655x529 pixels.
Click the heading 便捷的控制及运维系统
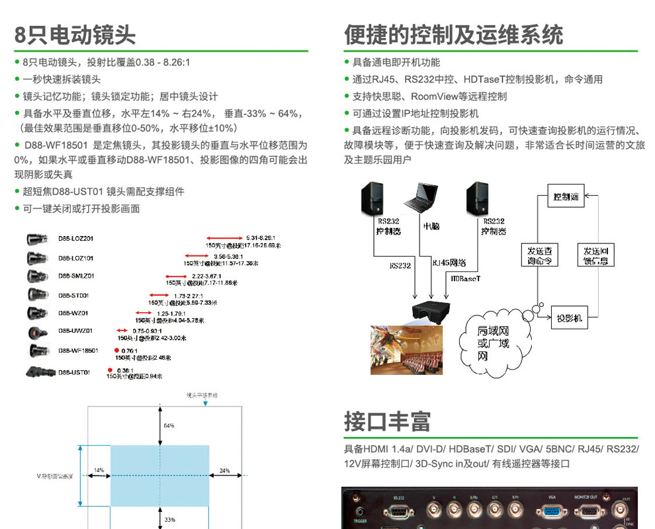[454, 34]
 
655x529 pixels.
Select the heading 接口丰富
[387, 421]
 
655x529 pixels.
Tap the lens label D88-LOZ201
[75, 238]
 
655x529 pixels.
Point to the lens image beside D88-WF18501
[36, 350]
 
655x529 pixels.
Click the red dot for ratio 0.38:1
[110, 370]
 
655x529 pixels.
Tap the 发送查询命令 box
[540, 255]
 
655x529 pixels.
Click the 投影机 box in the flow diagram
[569, 318]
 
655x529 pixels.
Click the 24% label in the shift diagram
[225, 471]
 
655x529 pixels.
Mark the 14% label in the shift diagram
[99, 470]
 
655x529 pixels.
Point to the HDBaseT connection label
[465, 278]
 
